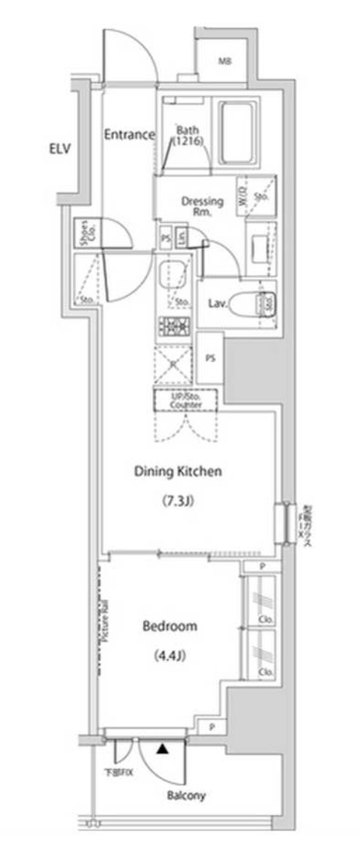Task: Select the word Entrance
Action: pos(129,134)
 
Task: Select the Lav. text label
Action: pos(215,303)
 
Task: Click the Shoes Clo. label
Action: pos(86,233)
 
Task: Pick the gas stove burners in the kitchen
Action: pos(174,326)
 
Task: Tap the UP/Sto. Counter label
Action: pos(185,400)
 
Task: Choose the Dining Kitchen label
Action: pos(177,472)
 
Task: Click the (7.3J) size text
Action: pos(177,501)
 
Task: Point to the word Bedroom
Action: pos(169,626)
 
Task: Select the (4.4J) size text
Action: pos(170,655)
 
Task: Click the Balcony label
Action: pos(185,795)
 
